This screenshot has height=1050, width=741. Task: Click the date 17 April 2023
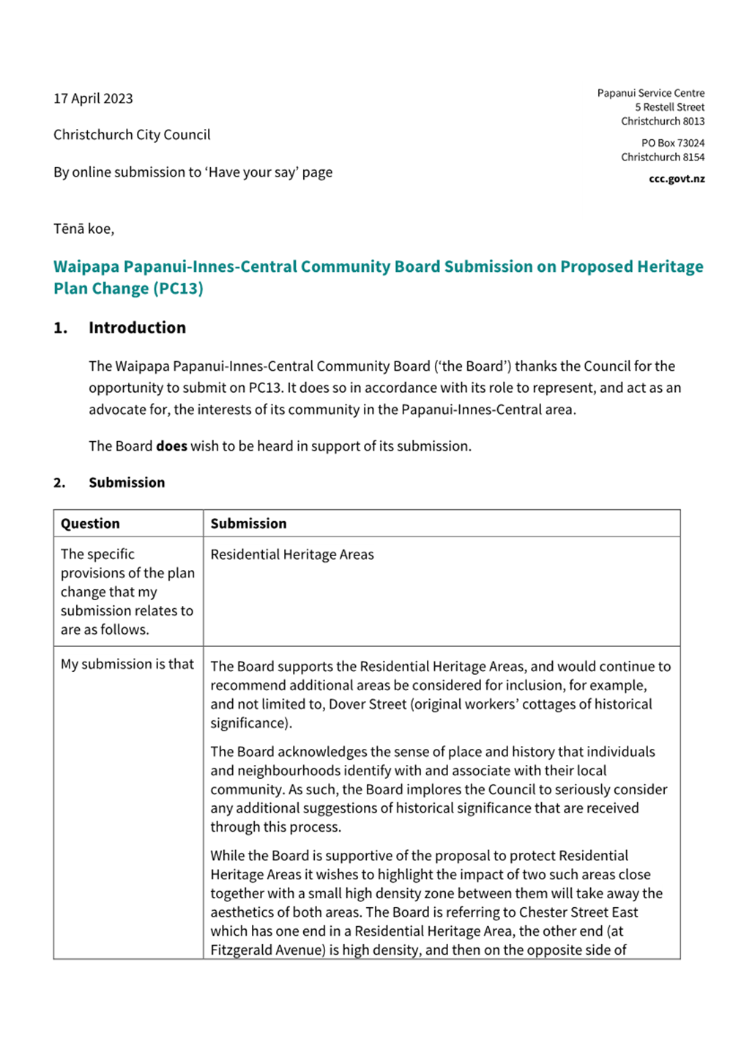[x=93, y=99]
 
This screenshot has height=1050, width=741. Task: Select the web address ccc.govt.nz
[x=676, y=179]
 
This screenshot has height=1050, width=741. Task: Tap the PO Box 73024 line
[x=672, y=143]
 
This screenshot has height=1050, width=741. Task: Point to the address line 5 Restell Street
[x=669, y=107]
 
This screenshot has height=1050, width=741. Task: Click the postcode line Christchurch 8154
[x=662, y=157]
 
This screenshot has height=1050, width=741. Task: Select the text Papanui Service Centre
[x=650, y=93]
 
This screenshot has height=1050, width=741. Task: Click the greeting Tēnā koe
[x=83, y=229]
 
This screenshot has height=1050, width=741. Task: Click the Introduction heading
[x=137, y=328]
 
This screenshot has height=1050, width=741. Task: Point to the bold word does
[x=171, y=446]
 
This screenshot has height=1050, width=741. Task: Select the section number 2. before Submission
[x=59, y=483]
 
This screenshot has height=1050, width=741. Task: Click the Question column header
[x=90, y=524]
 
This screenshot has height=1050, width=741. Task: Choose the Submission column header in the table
[x=248, y=524]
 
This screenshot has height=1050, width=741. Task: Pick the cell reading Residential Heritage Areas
[x=291, y=555]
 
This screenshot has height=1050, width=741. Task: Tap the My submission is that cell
[x=127, y=664]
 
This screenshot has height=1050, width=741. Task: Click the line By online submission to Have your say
[x=193, y=172]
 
